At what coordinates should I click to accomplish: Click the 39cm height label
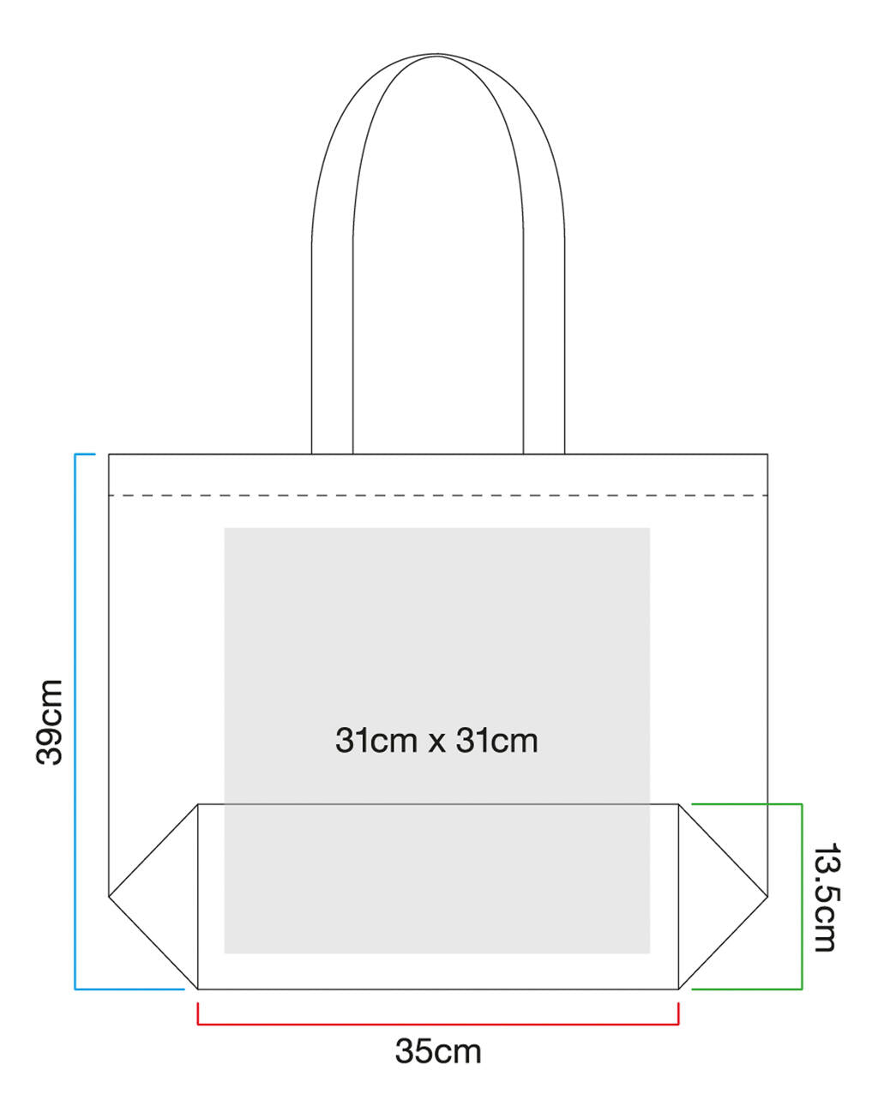(x=50, y=721)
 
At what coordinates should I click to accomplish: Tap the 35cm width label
(x=437, y=1051)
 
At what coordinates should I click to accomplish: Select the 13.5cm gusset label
(x=824, y=897)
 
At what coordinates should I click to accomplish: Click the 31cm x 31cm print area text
(x=436, y=740)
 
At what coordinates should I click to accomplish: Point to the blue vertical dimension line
(x=75, y=720)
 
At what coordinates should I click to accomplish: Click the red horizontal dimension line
(x=437, y=1024)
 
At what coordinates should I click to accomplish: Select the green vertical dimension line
(x=802, y=897)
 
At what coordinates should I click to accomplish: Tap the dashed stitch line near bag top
(x=437, y=496)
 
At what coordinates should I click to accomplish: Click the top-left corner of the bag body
(x=109, y=454)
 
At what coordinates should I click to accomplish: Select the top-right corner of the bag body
(x=767, y=454)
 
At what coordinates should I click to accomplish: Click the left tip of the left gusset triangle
(x=110, y=897)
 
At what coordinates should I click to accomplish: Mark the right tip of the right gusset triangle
(x=767, y=897)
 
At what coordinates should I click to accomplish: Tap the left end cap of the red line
(x=198, y=1014)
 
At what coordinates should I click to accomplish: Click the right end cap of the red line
(x=678, y=1014)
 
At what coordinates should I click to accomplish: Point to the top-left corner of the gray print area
(x=225, y=528)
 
